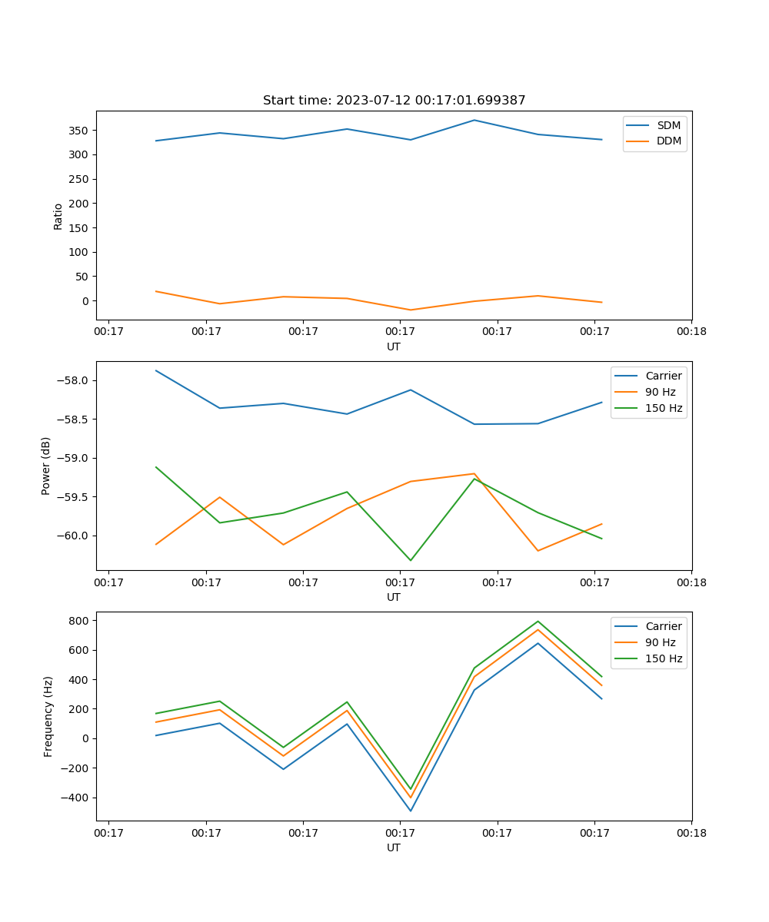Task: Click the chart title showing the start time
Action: point(394,101)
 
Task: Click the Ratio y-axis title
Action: point(58,216)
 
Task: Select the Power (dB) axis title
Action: point(46,466)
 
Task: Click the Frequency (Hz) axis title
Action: point(48,716)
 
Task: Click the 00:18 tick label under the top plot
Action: point(691,332)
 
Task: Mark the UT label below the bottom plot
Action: point(394,847)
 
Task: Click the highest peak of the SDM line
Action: point(474,120)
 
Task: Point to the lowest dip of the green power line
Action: point(410,560)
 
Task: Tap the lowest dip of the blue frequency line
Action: point(410,811)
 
